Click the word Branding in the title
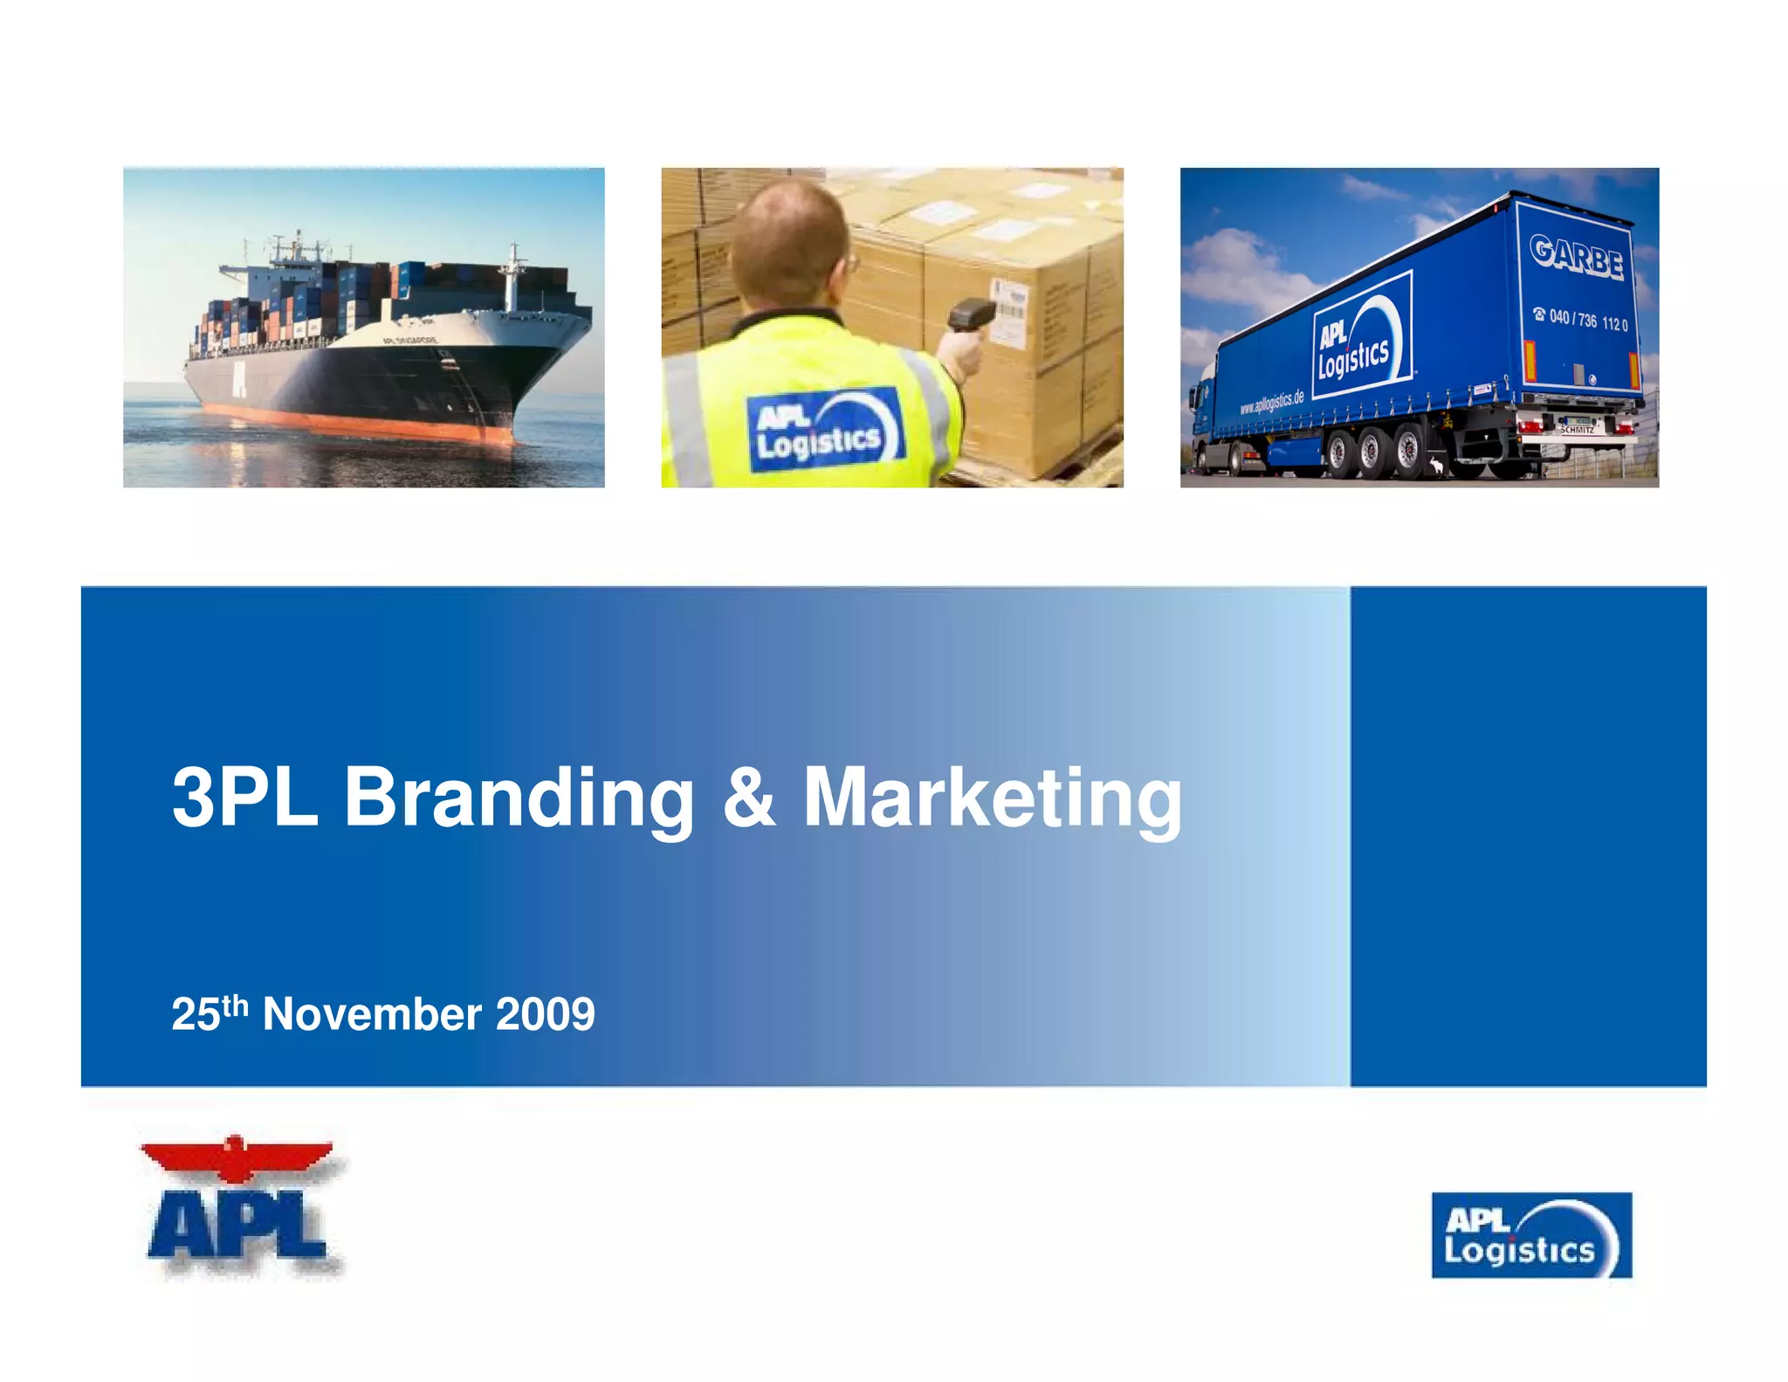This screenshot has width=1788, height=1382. point(519,797)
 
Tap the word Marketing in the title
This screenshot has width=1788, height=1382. point(993,797)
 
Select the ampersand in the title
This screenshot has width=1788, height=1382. point(749,797)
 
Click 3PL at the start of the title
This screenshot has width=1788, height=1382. point(245,797)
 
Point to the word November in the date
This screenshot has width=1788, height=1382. point(372,1015)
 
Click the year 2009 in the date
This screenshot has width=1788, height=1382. point(546,1015)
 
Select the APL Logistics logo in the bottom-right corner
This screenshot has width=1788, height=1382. point(1531,1235)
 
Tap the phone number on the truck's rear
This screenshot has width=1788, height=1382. point(1581,320)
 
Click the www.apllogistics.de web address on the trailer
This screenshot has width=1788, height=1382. point(1272,403)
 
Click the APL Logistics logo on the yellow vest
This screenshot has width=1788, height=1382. point(824,430)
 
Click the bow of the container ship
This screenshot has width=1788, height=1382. point(559,349)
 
